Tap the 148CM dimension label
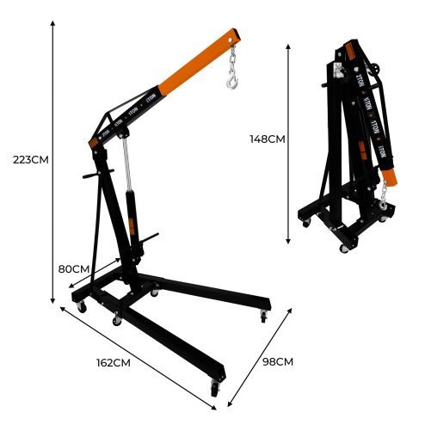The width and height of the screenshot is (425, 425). click(x=266, y=138)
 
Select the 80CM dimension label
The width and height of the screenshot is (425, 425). click(x=74, y=268)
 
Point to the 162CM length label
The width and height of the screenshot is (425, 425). click(x=114, y=362)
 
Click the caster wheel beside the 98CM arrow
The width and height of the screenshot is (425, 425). click(x=263, y=317)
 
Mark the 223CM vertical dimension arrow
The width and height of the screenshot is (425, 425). click(x=53, y=163)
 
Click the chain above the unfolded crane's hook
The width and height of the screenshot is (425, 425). click(x=232, y=60)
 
